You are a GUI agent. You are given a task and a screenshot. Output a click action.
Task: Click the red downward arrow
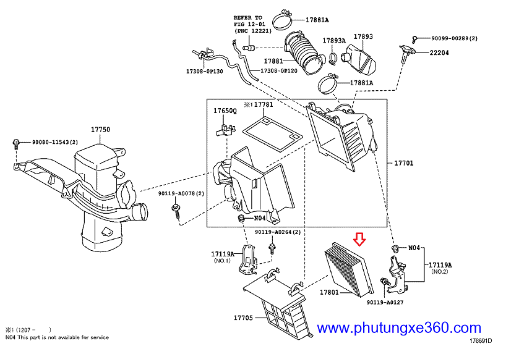click(359, 238)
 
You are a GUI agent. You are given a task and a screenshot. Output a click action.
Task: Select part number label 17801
click(328, 292)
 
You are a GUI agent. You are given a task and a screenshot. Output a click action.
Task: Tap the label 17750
click(100, 130)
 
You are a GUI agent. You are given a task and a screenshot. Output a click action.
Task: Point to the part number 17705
click(242, 318)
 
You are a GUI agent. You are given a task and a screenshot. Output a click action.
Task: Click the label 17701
click(403, 164)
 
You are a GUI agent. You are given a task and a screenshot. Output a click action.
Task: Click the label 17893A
click(333, 41)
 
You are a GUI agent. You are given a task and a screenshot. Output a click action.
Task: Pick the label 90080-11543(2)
click(55, 143)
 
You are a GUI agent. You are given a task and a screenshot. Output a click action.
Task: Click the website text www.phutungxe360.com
click(399, 328)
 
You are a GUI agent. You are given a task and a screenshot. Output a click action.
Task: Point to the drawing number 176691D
click(484, 340)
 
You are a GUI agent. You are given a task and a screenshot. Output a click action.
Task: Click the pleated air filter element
click(347, 269)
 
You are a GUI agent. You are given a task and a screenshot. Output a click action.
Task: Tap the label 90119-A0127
click(384, 303)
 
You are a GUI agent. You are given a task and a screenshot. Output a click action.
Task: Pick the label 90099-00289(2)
click(454, 38)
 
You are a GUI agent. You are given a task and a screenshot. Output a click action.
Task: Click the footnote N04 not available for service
click(56, 337)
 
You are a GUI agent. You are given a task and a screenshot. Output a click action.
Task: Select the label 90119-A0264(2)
click(278, 232)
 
